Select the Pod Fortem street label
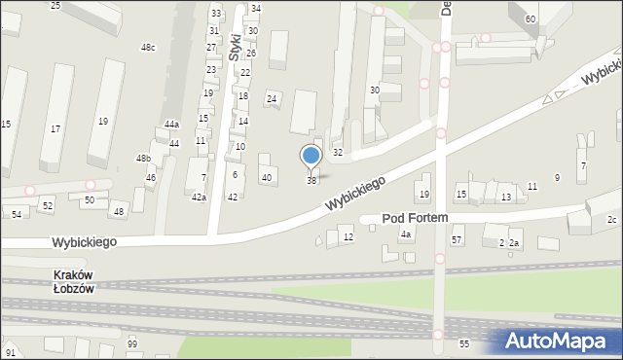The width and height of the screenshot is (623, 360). coord(415,219)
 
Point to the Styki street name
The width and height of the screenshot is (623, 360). coord(235,47)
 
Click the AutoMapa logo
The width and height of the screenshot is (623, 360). coord(559,341)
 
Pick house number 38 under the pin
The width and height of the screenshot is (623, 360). coord(311,181)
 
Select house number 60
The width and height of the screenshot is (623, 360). coord(530,19)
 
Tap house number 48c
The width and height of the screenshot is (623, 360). coord(148,48)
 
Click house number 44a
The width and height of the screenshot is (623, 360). coord(171,125)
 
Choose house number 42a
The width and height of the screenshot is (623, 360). coord(199,198)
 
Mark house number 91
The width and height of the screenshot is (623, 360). coord(10,352)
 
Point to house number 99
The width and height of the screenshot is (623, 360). coord(132,344)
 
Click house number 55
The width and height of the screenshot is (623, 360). coord(464,344)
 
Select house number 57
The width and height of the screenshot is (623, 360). coord(457,239)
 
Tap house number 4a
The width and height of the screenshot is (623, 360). coord(406,234)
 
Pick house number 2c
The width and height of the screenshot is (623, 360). coord(611,220)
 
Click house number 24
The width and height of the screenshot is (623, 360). coord(273,99)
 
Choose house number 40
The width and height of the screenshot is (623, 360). coord(267,177)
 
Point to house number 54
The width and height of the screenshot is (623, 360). coord(17,214)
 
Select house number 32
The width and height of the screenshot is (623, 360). coord(338,153)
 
